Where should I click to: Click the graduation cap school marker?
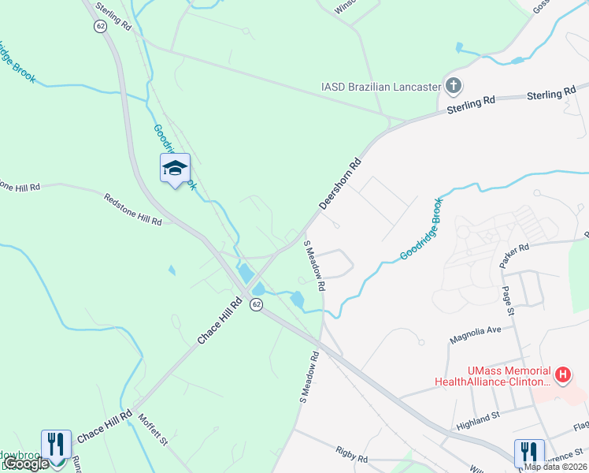tap(176, 168)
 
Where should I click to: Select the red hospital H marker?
tap(562, 375)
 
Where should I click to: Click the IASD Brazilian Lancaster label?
tap(380, 87)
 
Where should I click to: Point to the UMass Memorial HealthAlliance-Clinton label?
tap(492, 376)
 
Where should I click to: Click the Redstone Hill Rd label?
tap(132, 209)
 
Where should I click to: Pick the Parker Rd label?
tap(513, 260)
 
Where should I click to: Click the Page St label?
tap(508, 300)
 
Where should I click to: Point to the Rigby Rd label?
tap(350, 458)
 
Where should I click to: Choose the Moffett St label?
tap(154, 430)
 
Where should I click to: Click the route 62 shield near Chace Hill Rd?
tap(256, 304)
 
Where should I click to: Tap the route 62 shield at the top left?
tap(100, 26)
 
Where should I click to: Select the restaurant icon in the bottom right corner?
tap(528, 452)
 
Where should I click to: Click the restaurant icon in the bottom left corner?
tap(57, 443)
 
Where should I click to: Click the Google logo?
tap(27, 464)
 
